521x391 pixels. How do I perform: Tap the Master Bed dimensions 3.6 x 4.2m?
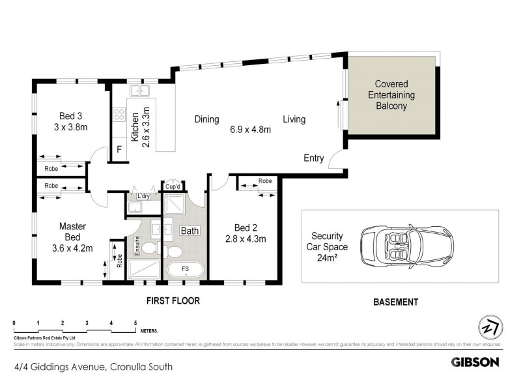pyautogui.click(x=72, y=248)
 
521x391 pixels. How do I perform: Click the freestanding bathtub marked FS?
pyautogui.click(x=185, y=270)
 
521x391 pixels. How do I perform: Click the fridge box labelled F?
pyautogui.click(x=119, y=149)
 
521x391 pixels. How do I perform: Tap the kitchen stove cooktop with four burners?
pyautogui.click(x=120, y=115)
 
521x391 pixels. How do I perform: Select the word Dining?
pyautogui.click(x=206, y=119)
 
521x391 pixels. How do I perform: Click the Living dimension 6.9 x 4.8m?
pyautogui.click(x=250, y=129)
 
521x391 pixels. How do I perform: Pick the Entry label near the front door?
pyautogui.click(x=314, y=158)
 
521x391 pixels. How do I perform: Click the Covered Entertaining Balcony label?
pyautogui.click(x=391, y=94)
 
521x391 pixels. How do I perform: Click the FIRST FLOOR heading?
pyautogui.click(x=173, y=301)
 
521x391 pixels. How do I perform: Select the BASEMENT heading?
pyautogui.click(x=395, y=302)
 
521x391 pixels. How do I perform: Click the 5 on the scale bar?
pyautogui.click(x=135, y=323)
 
